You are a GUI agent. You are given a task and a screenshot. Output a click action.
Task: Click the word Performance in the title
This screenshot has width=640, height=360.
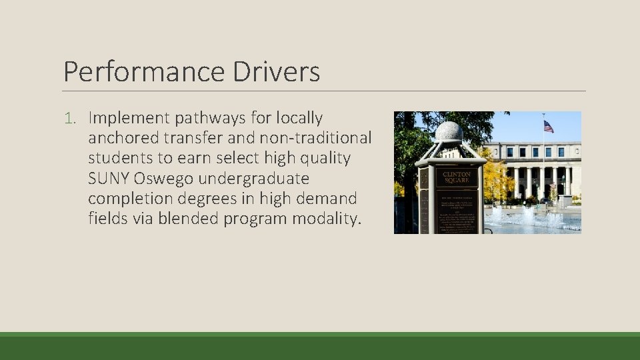pos(145,72)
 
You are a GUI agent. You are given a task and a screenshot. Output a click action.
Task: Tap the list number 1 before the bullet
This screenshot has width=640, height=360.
pos(70,119)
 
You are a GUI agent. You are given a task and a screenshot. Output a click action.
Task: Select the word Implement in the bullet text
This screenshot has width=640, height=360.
pos(129,119)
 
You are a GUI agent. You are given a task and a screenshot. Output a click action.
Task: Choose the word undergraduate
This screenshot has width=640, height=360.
pos(255,179)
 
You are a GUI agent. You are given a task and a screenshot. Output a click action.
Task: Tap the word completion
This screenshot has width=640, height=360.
pos(127,199)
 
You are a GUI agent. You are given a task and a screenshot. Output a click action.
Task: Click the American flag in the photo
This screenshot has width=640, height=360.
pos(548,126)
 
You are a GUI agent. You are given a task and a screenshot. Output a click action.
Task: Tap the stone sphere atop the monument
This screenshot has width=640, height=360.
pos(449,131)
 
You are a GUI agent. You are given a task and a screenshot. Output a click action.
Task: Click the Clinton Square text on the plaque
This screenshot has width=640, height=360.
pos(457,178)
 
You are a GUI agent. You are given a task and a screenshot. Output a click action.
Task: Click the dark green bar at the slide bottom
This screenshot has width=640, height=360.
pos(320,347)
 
